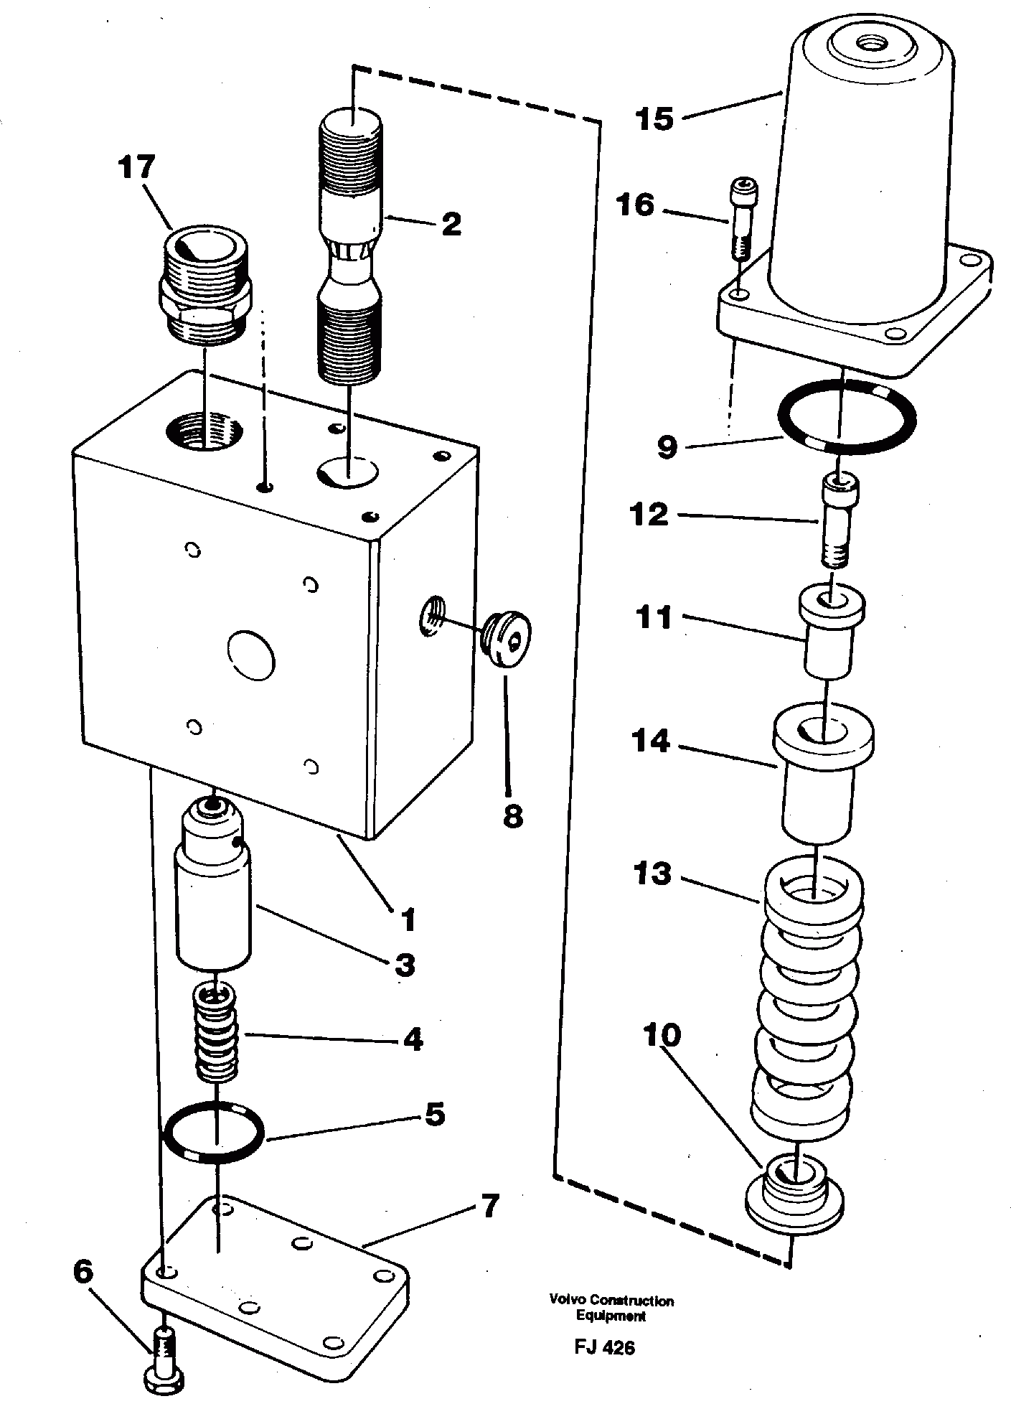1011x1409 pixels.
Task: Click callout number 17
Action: (137, 169)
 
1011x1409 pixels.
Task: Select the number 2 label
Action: (451, 224)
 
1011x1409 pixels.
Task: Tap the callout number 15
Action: (655, 119)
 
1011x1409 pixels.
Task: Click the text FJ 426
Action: (604, 1347)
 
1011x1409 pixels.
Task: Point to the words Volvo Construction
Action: (611, 1300)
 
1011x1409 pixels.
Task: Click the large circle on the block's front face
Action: (251, 653)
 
